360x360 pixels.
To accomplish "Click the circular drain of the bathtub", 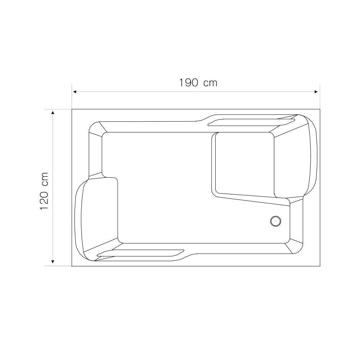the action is click(275, 221).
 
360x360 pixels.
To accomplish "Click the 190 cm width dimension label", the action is click(198, 83).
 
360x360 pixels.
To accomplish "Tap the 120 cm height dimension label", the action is click(44, 191).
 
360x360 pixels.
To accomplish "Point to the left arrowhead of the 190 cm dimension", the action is click(75, 92).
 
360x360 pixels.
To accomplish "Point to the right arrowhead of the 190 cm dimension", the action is click(316, 92).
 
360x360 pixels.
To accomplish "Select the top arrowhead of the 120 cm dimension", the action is click(53, 112).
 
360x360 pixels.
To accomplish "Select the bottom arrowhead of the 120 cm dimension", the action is click(53, 261).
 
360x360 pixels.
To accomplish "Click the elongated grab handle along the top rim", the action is click(251, 122).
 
